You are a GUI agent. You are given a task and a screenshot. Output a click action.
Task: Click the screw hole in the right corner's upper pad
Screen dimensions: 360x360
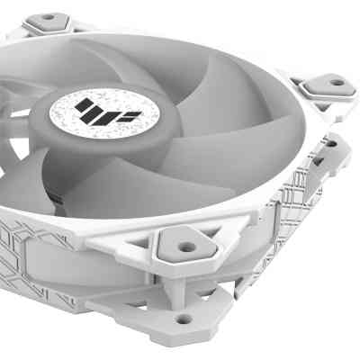point(336,83)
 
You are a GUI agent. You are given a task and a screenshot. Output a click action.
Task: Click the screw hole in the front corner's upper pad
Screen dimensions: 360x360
point(185,245)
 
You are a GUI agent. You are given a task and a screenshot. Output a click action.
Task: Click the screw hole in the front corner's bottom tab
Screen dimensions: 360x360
point(184,318)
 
